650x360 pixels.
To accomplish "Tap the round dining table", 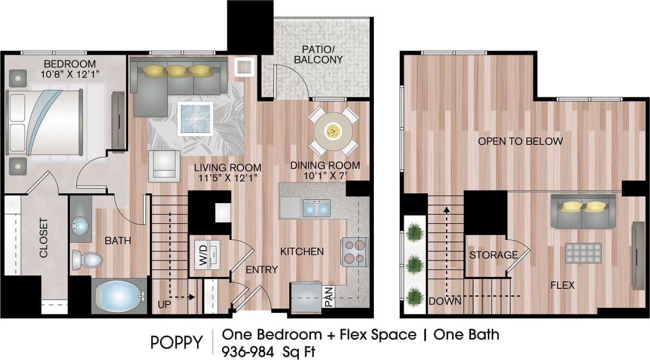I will click(x=333, y=130).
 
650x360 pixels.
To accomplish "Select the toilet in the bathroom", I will click(x=86, y=260).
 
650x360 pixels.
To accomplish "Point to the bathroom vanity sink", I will click(x=80, y=225).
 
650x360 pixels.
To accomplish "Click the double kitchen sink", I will click(x=316, y=208).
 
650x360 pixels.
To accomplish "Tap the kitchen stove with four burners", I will click(x=354, y=251).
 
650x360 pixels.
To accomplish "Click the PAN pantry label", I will click(x=329, y=297).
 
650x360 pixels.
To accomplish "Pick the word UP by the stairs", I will click(x=163, y=304).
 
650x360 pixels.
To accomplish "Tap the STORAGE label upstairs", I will click(x=493, y=255).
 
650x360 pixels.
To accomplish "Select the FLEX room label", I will click(x=562, y=285).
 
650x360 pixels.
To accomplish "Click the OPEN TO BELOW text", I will click(x=520, y=141).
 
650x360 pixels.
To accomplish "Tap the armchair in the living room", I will click(x=164, y=166).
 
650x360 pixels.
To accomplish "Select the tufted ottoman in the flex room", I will click(x=583, y=252).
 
